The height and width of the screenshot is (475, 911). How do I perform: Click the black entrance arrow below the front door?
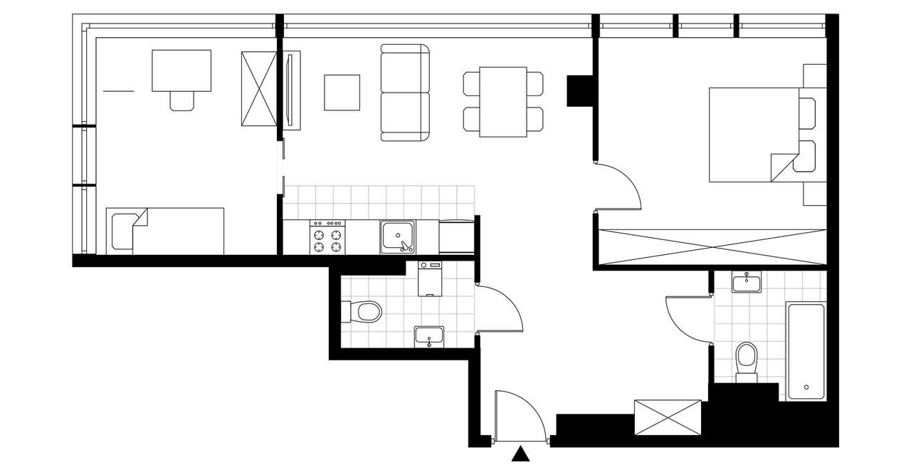(522, 454)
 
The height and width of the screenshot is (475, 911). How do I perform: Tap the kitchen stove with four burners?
(326, 237)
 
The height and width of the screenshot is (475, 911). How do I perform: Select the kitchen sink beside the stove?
(399, 237)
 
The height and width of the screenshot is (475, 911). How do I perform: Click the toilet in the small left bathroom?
(365, 311)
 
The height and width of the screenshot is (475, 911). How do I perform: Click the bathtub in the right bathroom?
(806, 350)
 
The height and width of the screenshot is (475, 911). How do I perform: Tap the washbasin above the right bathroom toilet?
(747, 283)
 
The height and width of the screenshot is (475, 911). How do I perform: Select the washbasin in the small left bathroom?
(429, 336)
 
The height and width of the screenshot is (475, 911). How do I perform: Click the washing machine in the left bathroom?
(429, 278)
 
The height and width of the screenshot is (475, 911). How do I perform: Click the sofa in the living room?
(406, 93)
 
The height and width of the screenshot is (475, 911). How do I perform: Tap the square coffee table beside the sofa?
(342, 93)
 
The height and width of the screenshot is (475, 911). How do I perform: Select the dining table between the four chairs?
(503, 102)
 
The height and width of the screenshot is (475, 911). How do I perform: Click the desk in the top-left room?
(181, 71)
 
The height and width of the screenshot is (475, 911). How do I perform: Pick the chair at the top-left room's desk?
(181, 100)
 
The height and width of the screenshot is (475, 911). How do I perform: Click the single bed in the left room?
(166, 231)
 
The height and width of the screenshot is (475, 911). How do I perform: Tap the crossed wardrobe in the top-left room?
(258, 88)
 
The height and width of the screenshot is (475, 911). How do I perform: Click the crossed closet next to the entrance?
(667, 417)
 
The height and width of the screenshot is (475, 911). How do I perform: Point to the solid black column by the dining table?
(579, 90)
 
